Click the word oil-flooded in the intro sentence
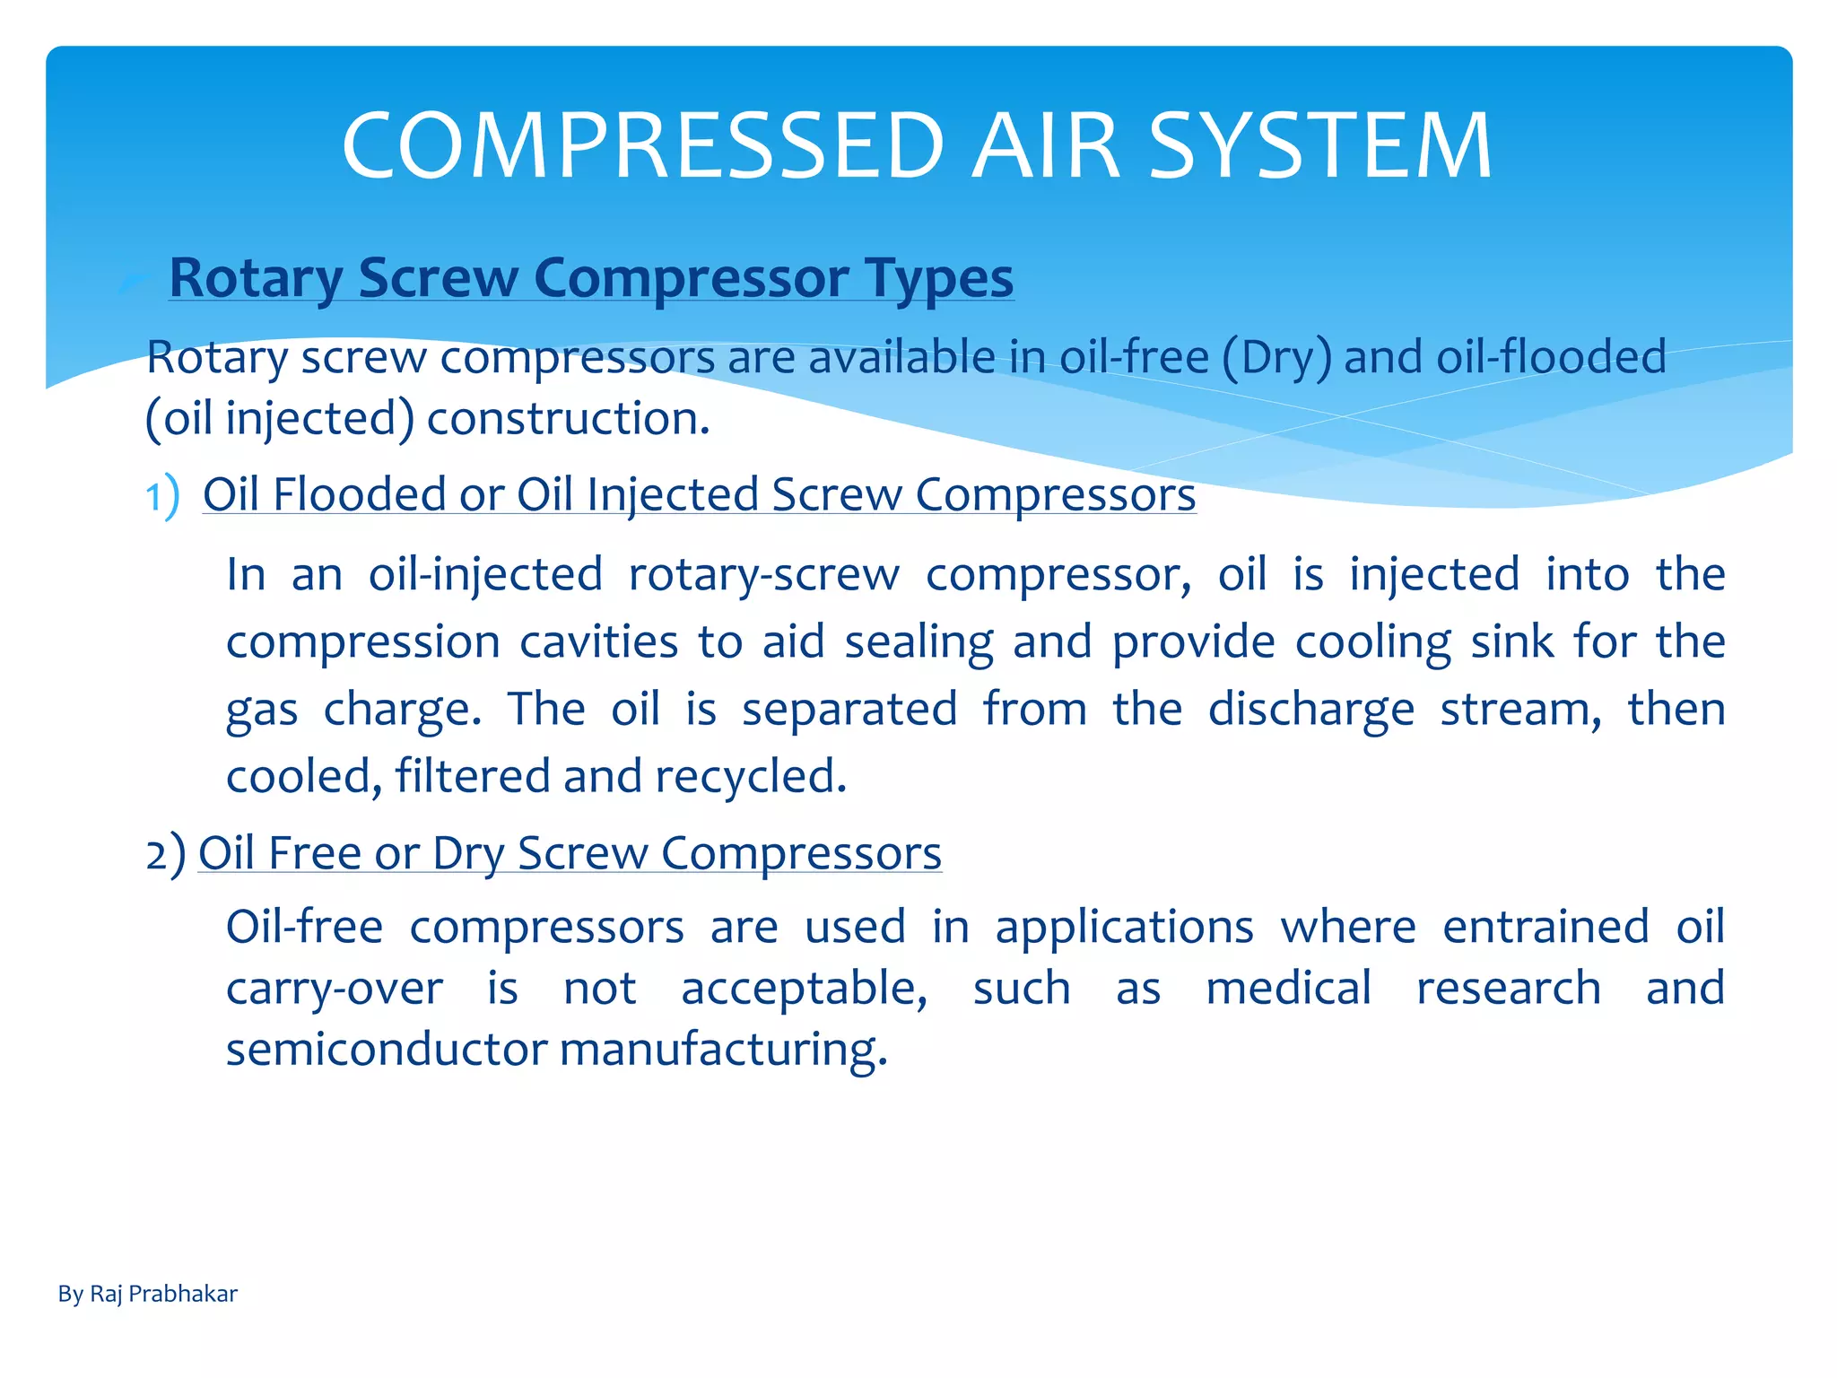[1551, 357]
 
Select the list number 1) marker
[162, 496]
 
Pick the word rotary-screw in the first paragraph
[763, 574]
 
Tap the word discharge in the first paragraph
[1310, 710]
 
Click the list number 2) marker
[165, 853]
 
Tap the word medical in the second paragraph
[1288, 989]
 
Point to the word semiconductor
[387, 1050]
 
